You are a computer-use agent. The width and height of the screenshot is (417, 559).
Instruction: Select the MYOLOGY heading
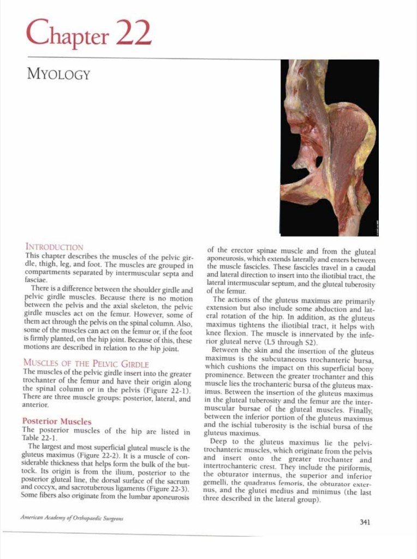pos(58,74)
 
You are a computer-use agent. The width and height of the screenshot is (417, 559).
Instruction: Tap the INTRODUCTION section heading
pos(54,247)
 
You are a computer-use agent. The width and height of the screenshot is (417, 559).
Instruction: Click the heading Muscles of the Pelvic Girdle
pos(86,363)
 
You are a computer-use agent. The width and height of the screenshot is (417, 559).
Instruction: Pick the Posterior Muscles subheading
pos(57,421)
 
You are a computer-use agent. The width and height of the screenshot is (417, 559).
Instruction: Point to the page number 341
pos(365,522)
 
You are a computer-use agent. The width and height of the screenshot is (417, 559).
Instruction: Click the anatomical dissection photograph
pos(329,148)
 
